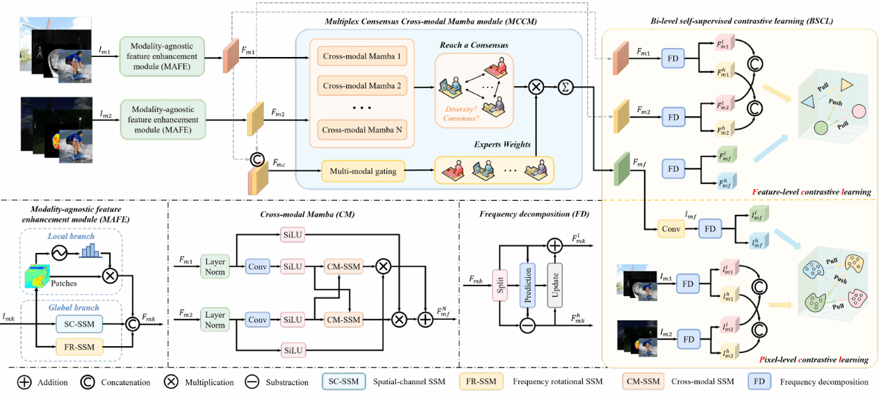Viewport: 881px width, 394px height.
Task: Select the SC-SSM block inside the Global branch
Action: click(x=79, y=324)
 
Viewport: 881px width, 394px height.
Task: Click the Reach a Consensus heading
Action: click(x=473, y=45)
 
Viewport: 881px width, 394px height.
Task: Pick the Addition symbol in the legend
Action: click(x=24, y=381)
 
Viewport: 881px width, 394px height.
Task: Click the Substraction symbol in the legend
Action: click(x=254, y=381)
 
